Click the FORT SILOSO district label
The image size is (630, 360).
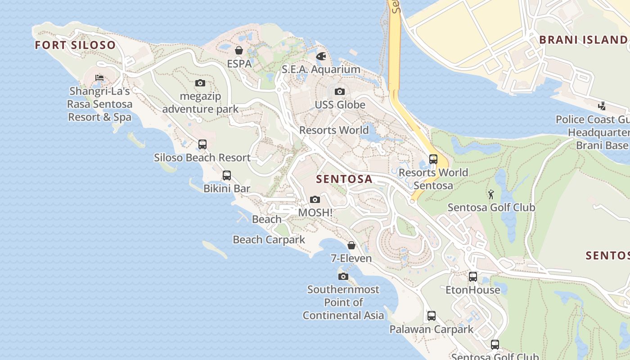click(75, 45)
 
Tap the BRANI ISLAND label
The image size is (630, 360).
click(583, 40)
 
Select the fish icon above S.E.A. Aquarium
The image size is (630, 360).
click(321, 56)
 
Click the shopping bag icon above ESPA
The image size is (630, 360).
click(239, 50)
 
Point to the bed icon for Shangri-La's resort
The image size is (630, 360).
click(99, 78)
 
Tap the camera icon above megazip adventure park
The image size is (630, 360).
click(200, 83)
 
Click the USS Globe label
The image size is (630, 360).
click(340, 105)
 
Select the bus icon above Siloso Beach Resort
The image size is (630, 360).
click(202, 144)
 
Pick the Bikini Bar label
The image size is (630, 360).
click(227, 189)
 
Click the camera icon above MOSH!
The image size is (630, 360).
click(315, 199)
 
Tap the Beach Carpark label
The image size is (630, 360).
click(269, 240)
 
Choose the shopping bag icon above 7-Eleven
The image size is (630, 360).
click(351, 245)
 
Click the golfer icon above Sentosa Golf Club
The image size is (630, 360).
click(491, 194)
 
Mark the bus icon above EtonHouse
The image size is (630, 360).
click(473, 277)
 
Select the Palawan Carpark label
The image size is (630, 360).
click(431, 329)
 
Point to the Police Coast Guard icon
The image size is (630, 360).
click(602, 106)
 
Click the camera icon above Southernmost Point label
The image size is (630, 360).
click(343, 276)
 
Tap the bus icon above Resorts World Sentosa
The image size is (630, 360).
click(433, 159)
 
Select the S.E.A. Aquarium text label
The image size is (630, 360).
click(321, 69)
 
